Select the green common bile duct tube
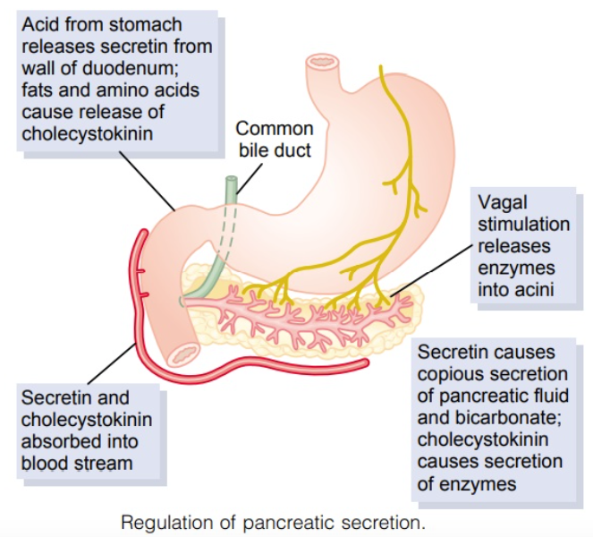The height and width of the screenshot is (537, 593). (231, 192)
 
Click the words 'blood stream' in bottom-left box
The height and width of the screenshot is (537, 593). (77, 464)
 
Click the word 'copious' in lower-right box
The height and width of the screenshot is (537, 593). (451, 373)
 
